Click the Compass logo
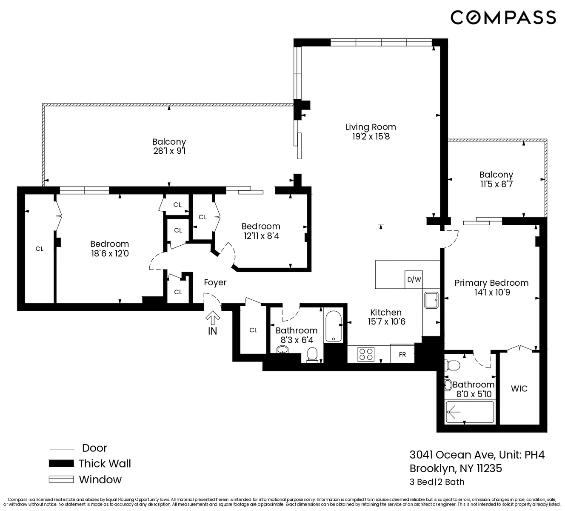pyautogui.click(x=503, y=17)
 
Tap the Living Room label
pyautogui.click(x=371, y=127)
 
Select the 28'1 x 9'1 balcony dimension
pyautogui.click(x=169, y=151)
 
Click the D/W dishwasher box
pyautogui.click(x=414, y=279)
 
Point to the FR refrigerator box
pyautogui.click(x=402, y=354)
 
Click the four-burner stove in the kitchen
pyautogui.click(x=366, y=354)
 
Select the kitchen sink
pyautogui.click(x=431, y=300)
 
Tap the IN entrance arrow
pyautogui.click(x=213, y=318)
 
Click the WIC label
pyautogui.click(x=519, y=389)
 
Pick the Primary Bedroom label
pyautogui.click(x=491, y=283)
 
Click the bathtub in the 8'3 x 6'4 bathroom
pyautogui.click(x=333, y=326)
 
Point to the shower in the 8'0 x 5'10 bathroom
pyautogui.click(x=470, y=412)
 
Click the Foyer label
pyautogui.click(x=215, y=282)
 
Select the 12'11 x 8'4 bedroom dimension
pyautogui.click(x=261, y=236)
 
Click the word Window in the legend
pyautogui.click(x=100, y=479)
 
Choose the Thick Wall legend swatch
pyautogui.click(x=61, y=463)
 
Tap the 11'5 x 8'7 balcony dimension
pyautogui.click(x=496, y=184)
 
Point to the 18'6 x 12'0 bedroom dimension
pyautogui.click(x=110, y=253)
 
